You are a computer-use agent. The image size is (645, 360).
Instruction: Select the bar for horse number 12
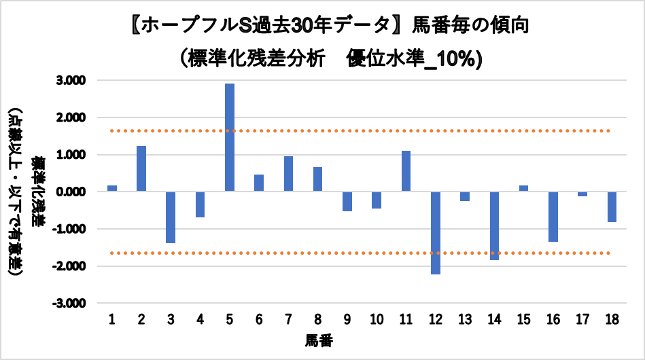click(436, 232)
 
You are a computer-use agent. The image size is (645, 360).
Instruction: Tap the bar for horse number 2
click(141, 168)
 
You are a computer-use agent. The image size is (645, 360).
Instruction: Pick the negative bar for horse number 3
click(171, 217)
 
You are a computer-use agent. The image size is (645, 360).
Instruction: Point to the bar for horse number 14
click(494, 226)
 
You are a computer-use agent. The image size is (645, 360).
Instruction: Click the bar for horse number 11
click(406, 171)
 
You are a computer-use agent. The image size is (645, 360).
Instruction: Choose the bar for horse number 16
click(553, 217)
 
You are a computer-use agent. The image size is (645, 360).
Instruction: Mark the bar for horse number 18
click(612, 206)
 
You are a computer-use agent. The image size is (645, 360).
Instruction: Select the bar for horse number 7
click(288, 174)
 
